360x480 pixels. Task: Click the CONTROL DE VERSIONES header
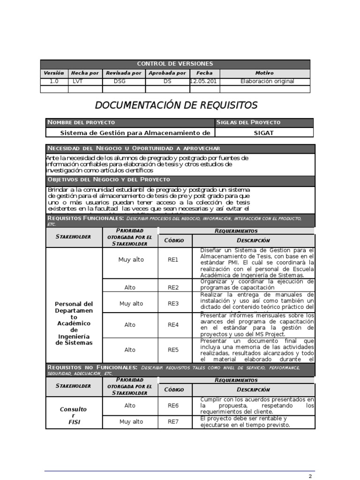click(175, 64)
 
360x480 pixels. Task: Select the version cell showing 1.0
click(54, 81)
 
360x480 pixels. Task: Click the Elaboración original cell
click(267, 81)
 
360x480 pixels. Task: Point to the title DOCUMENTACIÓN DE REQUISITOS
click(176, 105)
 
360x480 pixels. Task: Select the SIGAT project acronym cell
click(263, 133)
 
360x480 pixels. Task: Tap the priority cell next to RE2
click(130, 287)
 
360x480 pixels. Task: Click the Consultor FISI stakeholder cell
click(74, 415)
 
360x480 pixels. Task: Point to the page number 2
click(310, 476)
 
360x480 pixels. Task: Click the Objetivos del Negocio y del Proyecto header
click(109, 180)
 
